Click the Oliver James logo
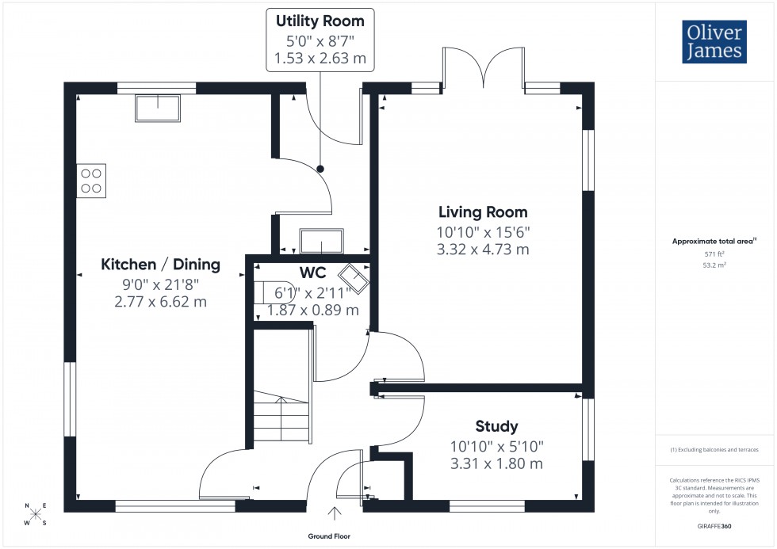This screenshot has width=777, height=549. (715, 43)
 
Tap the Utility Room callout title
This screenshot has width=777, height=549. (320, 21)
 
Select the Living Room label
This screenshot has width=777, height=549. (483, 212)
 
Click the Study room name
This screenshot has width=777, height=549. (496, 426)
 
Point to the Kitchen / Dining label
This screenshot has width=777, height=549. (160, 265)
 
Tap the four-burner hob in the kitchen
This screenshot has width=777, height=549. (91, 181)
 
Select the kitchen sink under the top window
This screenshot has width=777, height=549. (159, 107)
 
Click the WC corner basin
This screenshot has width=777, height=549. (354, 279)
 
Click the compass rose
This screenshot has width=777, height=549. (36, 514)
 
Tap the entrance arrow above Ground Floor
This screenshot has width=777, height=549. (334, 513)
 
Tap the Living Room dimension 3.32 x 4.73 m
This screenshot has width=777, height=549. (483, 250)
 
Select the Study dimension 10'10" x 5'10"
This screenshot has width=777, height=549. (496, 447)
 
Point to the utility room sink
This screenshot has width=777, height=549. (321, 240)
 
